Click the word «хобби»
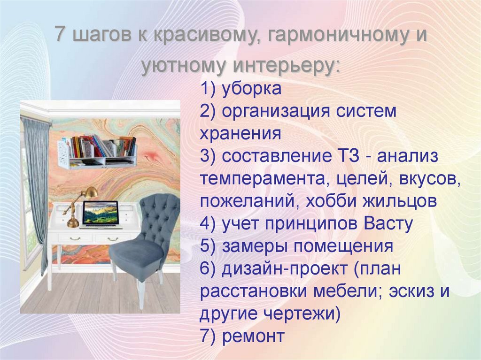click(x=329, y=201)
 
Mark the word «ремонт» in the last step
click(x=254, y=336)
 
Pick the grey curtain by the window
click(x=37, y=188)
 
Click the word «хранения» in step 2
click(x=240, y=134)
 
